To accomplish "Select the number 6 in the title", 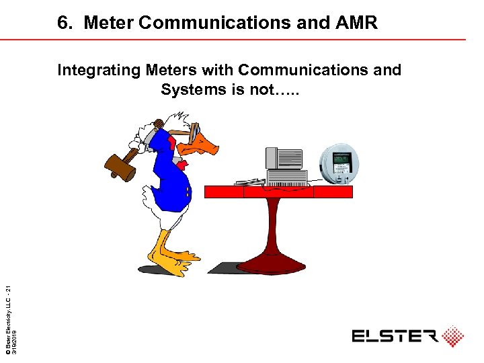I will coord(63,24).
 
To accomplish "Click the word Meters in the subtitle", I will coord(171,70).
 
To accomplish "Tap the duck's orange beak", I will coord(204,147).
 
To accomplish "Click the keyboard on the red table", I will coord(249,182).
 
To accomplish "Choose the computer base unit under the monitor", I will coord(287,177).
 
